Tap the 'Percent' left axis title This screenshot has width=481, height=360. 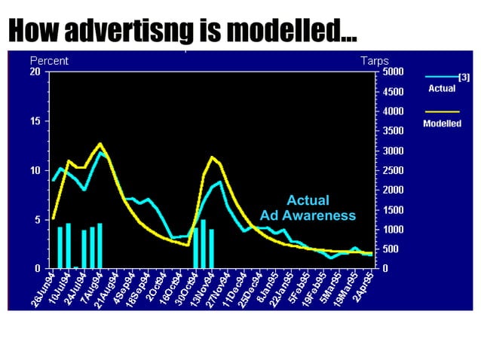(49, 60)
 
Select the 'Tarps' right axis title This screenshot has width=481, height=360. (375, 60)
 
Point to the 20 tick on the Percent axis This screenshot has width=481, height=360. (35, 72)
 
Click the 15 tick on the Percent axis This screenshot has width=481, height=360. (35, 121)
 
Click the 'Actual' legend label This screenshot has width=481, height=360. (442, 89)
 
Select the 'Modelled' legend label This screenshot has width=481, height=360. (442, 123)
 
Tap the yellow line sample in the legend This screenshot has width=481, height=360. (441, 112)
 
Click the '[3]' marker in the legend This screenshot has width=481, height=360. (464, 77)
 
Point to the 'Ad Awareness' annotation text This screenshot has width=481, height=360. (308, 215)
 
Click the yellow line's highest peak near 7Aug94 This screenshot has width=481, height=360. (100, 143)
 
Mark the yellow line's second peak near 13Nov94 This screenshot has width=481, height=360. (213, 157)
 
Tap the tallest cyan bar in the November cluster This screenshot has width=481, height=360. (204, 244)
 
